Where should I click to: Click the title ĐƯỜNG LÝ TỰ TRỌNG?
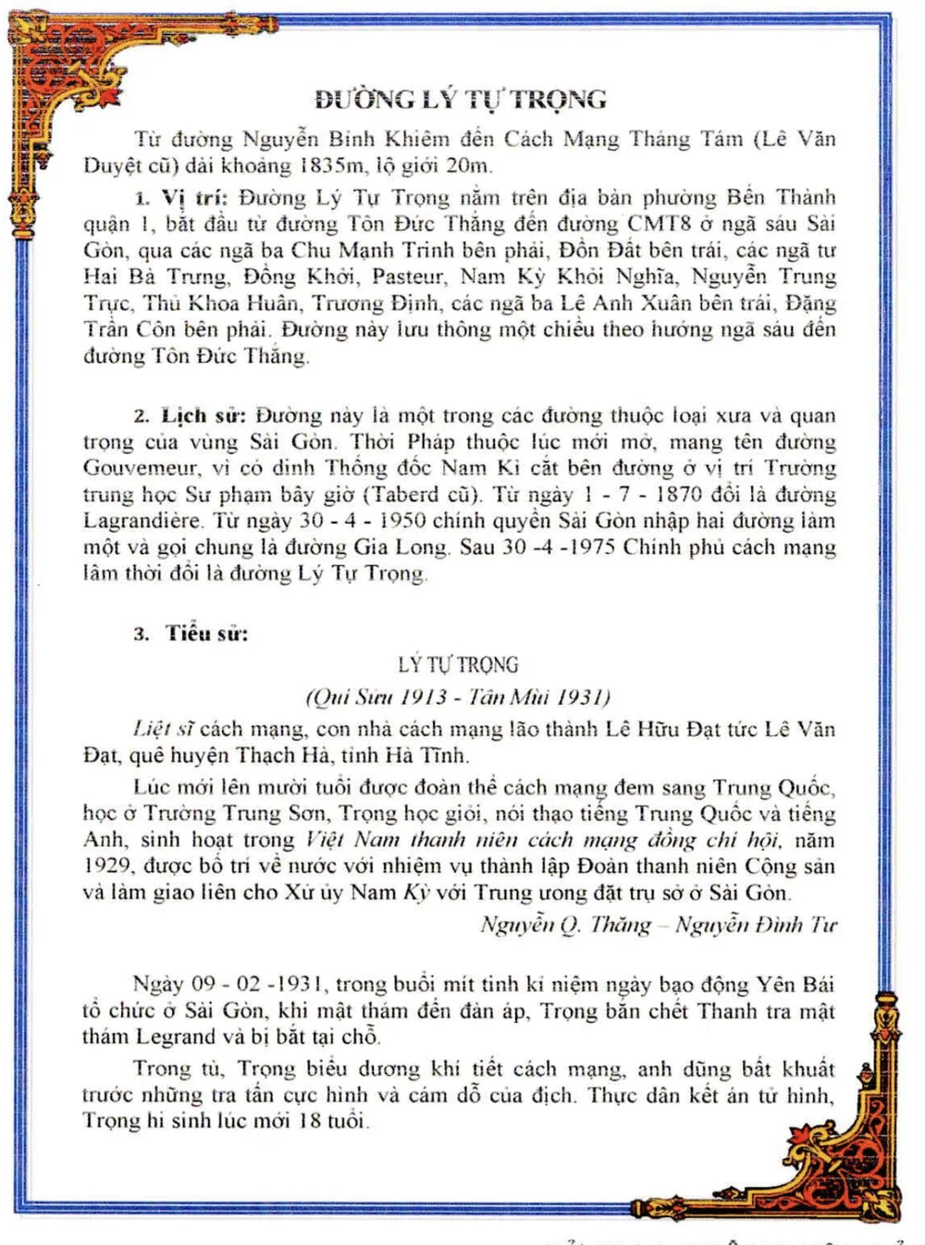(460, 99)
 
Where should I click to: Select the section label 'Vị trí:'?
(194, 197)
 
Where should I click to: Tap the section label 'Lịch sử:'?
(203, 415)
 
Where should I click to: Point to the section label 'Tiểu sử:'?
(206, 634)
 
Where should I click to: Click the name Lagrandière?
(142, 521)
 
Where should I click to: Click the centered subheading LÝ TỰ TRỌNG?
(458, 665)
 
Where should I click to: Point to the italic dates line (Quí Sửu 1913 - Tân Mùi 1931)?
(458, 696)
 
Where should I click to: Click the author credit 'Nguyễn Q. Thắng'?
(565, 924)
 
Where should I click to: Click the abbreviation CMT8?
(659, 224)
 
